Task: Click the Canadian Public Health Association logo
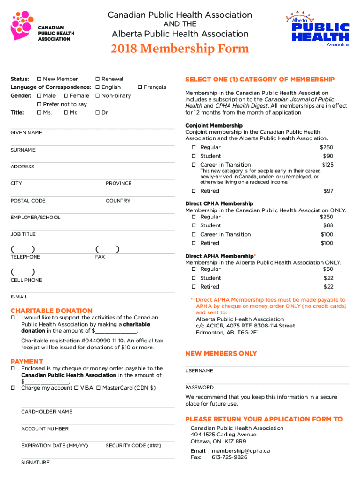42,27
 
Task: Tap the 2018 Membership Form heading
180,49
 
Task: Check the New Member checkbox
40,79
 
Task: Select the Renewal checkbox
97,79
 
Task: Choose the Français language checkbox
140,87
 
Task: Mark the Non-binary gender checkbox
97,96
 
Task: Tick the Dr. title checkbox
97,113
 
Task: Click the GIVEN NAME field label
26,133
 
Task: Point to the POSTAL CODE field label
28,201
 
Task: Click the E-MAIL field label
19,297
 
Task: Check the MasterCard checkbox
99,388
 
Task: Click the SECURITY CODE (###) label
133,446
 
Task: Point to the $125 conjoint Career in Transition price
327,165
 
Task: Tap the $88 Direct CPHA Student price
328,225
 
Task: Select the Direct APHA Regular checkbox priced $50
193,269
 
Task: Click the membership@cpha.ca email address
240,451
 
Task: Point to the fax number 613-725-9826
229,457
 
